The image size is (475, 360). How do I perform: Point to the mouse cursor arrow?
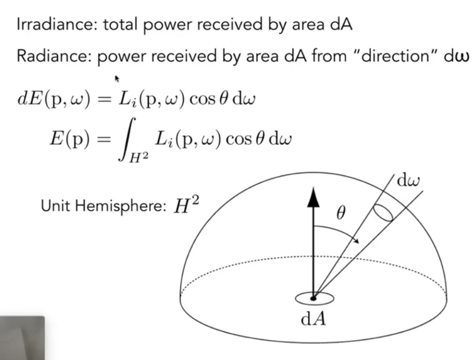(117, 79)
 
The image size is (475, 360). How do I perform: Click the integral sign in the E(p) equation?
(127, 139)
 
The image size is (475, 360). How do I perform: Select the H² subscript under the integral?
(138, 157)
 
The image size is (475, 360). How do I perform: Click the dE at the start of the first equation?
(29, 98)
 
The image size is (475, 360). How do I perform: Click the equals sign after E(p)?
(104, 139)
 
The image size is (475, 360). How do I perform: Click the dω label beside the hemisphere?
(408, 180)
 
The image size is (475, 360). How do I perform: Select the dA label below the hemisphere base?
(313, 319)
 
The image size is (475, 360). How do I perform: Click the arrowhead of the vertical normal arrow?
(313, 197)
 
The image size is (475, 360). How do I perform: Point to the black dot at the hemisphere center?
(313, 298)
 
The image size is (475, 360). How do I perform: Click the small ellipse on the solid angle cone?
(383, 213)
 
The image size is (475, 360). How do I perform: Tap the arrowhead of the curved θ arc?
(356, 240)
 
